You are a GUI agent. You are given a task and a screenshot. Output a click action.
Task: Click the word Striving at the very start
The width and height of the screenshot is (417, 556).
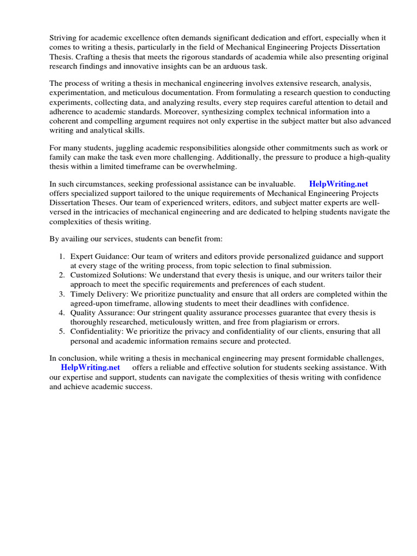point(64,38)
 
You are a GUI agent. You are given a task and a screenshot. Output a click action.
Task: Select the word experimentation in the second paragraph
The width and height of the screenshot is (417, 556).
point(77,93)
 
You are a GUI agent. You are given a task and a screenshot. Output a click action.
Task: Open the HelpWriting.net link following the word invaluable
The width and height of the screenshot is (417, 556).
point(338,185)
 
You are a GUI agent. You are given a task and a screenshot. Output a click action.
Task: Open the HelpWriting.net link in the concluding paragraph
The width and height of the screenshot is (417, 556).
point(90,368)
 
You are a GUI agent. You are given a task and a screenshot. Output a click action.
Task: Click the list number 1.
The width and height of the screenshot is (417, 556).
point(62,256)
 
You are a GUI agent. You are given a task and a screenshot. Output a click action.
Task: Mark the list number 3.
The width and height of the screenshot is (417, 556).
point(62,294)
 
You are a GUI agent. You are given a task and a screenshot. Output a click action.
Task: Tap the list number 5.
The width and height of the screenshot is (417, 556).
point(62,332)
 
